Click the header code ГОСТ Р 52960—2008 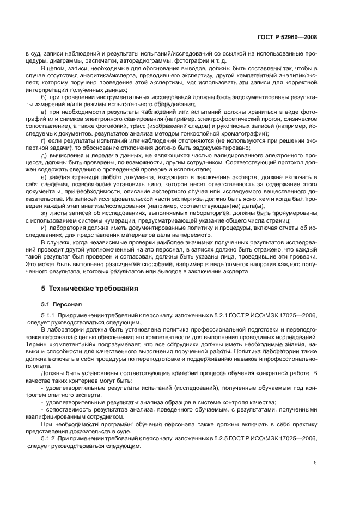(x=288, y=38)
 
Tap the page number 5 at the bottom (x=315, y=463)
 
